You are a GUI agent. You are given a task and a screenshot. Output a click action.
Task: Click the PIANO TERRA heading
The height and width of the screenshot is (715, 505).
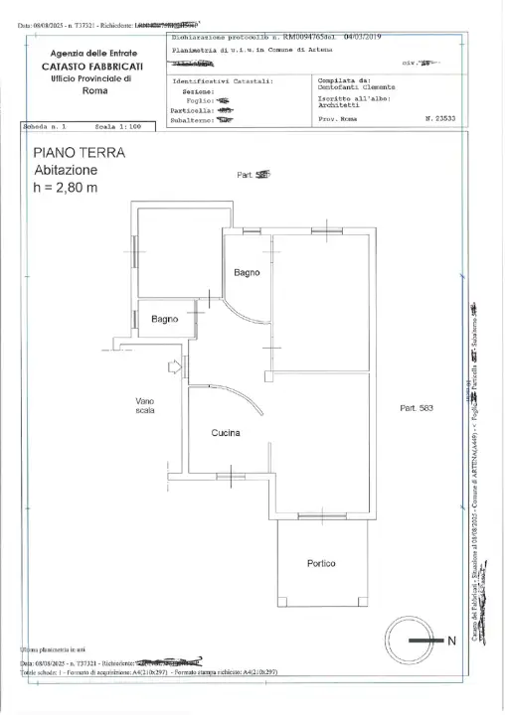coord(79,153)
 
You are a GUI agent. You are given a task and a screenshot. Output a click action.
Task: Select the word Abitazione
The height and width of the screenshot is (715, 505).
coord(66,170)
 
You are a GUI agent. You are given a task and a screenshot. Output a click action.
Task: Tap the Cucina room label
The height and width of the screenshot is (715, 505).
coord(227,433)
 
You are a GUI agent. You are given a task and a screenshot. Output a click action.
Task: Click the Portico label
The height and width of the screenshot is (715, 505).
coord(321,564)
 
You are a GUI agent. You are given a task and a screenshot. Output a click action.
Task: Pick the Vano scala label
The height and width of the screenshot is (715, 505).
coord(144,405)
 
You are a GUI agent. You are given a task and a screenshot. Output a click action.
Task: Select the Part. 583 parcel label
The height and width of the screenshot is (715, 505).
coord(418,408)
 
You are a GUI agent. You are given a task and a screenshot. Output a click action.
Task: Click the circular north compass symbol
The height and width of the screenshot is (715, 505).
coord(409,641)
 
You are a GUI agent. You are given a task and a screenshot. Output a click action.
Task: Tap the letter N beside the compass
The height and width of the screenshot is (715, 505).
coord(452,641)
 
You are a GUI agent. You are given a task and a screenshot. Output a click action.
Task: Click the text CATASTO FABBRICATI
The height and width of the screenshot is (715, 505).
coord(94,65)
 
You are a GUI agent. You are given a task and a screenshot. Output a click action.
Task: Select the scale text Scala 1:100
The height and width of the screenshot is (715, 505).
coord(118,128)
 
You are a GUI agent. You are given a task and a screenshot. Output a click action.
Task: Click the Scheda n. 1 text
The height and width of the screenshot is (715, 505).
coord(45,128)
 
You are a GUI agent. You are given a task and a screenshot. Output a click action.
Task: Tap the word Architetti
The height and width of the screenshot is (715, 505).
coord(339,107)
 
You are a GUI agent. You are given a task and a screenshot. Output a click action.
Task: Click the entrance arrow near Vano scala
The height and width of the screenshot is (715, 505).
coord(177,367)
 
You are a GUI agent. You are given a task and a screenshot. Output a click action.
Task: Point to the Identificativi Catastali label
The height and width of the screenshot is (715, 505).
coord(222,81)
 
